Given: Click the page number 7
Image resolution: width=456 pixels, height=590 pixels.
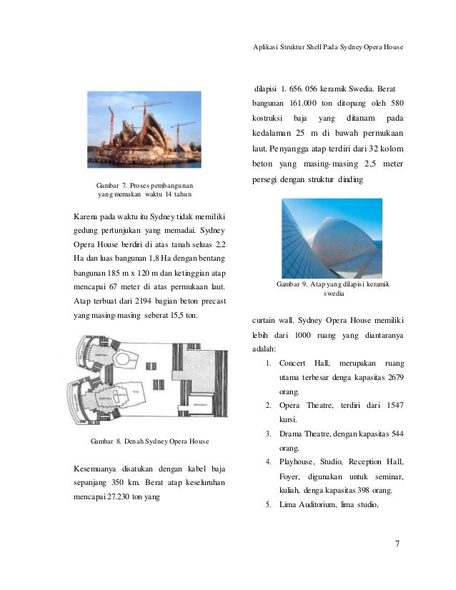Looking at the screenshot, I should [397, 546].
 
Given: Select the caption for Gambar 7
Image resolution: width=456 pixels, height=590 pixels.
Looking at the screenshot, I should [139, 189].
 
